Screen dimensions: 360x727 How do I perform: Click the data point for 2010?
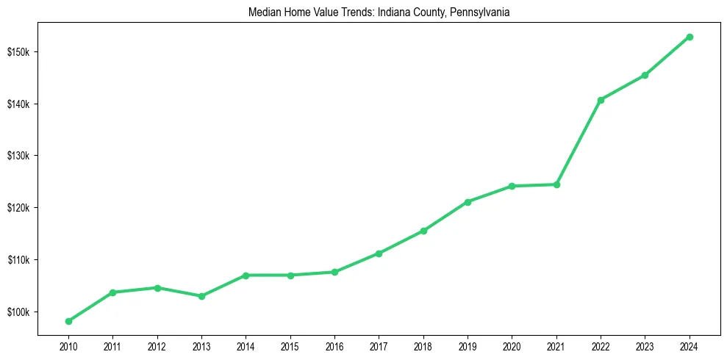pos(68,321)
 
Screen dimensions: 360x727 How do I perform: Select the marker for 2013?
pos(201,296)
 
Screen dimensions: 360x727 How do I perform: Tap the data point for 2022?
pos(601,100)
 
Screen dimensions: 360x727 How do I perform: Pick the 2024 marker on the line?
pos(690,37)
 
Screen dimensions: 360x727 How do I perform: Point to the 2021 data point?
pos(556,184)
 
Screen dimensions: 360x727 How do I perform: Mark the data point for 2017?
pos(379,253)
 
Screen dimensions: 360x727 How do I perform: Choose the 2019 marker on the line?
pos(468,201)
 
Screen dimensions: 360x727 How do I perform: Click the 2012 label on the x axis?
pos(157,345)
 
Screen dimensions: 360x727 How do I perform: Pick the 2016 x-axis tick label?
pos(334,345)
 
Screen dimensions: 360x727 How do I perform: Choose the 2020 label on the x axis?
pos(512,345)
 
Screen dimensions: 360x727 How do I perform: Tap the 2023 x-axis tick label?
pos(645,345)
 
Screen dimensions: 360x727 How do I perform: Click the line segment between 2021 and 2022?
pos(579,143)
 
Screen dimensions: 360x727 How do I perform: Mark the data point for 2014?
pos(246,276)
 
